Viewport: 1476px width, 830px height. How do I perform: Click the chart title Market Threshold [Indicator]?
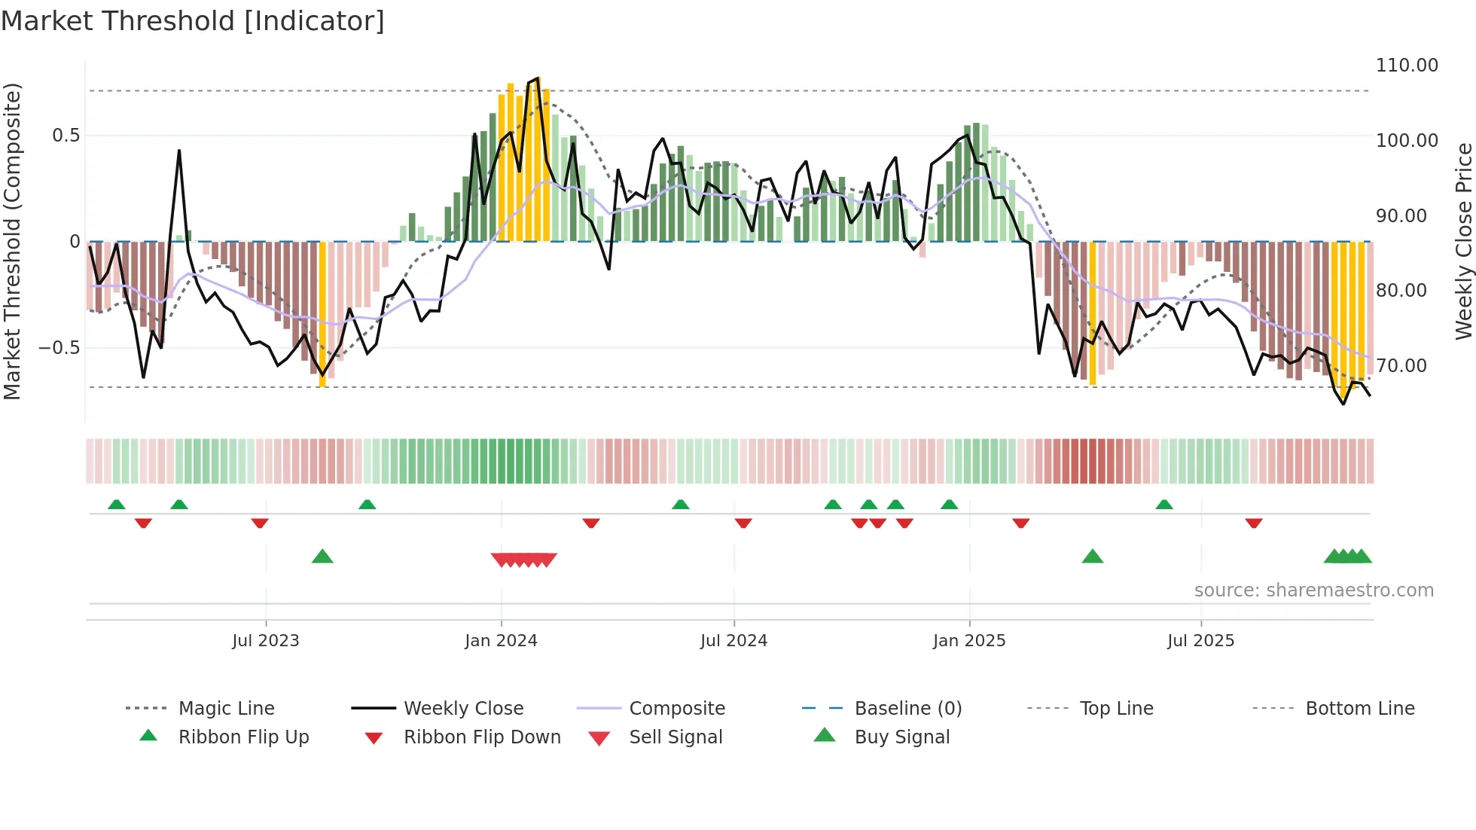point(193,21)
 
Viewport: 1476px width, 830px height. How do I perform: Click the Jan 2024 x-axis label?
point(501,641)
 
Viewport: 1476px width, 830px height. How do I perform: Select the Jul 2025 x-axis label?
point(1200,641)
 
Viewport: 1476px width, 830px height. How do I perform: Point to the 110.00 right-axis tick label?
point(1407,66)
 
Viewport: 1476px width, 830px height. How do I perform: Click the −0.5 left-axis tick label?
point(59,348)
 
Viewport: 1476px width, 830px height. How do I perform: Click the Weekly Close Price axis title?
point(1462,241)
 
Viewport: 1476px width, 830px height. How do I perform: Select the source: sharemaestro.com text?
point(1313,590)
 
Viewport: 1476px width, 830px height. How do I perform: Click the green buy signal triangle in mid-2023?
point(322,557)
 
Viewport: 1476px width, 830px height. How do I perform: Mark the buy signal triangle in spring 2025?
point(1092,557)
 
